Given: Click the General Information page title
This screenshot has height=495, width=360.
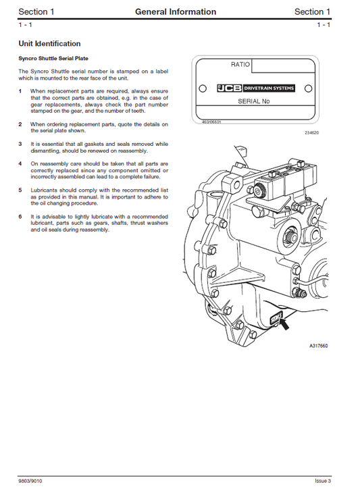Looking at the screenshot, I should [176, 11].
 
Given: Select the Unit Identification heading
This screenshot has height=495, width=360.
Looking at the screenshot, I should [49, 44].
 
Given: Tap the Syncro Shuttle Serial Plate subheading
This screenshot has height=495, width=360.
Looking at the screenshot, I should [53, 59].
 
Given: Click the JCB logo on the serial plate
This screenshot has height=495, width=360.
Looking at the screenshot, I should [229, 88].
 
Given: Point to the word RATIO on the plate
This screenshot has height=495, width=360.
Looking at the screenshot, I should [240, 65].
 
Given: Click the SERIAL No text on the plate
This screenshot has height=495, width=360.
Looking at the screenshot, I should [254, 101].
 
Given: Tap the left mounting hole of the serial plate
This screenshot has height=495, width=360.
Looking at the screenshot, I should [202, 88].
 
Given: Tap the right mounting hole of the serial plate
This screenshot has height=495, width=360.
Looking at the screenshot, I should [308, 88].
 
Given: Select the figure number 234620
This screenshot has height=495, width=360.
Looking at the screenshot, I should [311, 132].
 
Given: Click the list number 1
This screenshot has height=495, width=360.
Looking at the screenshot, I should [20, 90].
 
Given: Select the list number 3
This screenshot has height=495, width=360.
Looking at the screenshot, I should [20, 144].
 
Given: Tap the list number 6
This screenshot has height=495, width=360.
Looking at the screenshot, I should [20, 216].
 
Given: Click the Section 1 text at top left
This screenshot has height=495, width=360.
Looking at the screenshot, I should [36, 11].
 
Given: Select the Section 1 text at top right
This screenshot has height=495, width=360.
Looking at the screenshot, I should [313, 11].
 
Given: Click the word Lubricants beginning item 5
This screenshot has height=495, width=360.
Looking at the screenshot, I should [44, 190].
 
